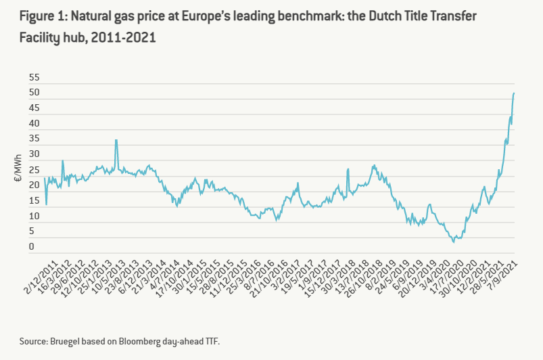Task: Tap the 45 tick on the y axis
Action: point(34,109)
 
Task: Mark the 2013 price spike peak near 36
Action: point(116,140)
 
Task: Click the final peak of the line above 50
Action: point(514,93)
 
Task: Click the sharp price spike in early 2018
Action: point(348,169)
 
